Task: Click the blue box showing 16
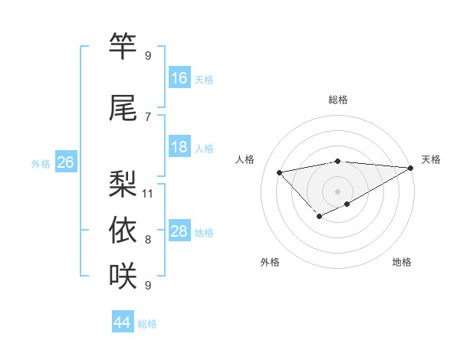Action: point(179,77)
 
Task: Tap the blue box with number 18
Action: point(179,147)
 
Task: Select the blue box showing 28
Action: point(179,231)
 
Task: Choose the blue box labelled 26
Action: point(65,162)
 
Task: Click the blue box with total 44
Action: point(123,322)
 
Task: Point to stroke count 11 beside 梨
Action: point(148,193)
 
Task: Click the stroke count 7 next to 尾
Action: point(148,116)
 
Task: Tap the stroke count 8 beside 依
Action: point(148,240)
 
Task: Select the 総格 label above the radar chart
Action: point(337,100)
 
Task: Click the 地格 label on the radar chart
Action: point(402,262)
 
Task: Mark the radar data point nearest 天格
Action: point(410,168)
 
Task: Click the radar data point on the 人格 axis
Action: point(280,172)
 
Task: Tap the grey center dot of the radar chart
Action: point(337,191)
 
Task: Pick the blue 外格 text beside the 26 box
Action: point(40,163)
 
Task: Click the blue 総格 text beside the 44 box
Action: point(147,324)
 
